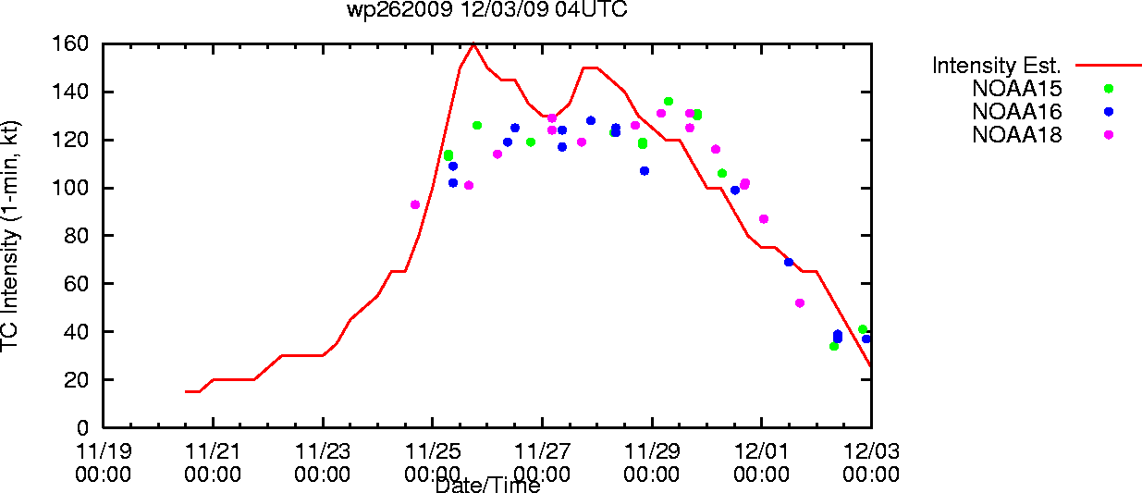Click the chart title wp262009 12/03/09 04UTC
[487, 9]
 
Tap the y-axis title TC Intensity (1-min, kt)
[10, 236]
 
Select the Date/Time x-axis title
[488, 486]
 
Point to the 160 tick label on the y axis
[70, 43]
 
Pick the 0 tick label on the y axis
[82, 427]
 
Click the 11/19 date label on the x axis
[104, 451]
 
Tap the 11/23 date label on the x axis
[323, 451]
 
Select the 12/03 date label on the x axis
[871, 451]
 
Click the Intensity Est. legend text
[997, 66]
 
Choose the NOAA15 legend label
[1017, 89]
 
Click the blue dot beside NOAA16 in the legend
[1109, 112]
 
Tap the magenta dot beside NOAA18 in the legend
[1109, 135]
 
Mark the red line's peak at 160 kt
[473, 44]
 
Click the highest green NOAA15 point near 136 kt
[669, 102]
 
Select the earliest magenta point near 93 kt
[415, 205]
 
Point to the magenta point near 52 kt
[800, 303]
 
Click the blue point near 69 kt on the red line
[789, 262]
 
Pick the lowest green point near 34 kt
[834, 347]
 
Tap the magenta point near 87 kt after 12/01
[764, 219]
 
